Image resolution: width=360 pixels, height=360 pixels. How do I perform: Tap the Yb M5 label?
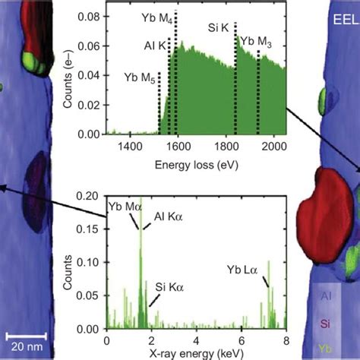coord(140,76)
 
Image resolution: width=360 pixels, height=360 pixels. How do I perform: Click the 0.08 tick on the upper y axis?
coord(90,15)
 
